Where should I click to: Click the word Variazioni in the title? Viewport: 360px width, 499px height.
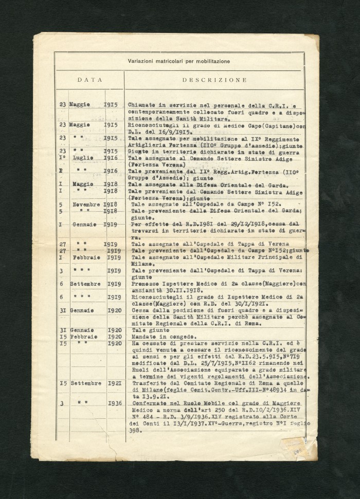point(142,61)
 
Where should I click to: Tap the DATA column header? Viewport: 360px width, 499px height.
point(90,80)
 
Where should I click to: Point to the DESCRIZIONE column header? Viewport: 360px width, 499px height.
point(214,80)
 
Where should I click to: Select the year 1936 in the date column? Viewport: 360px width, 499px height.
point(115,403)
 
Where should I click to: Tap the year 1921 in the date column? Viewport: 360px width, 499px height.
point(115,383)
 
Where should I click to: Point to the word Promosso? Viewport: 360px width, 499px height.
point(148,284)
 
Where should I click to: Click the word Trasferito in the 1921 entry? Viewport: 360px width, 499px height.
point(149,383)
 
